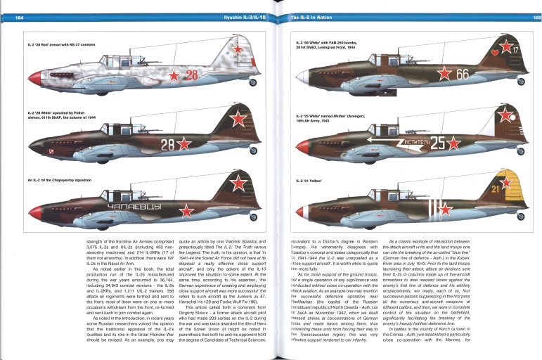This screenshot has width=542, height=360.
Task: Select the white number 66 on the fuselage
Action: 462,74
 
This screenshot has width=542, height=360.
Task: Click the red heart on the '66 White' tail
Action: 497,51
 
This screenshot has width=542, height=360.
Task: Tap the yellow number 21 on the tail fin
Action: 496,189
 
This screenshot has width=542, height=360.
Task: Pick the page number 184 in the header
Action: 19,16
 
